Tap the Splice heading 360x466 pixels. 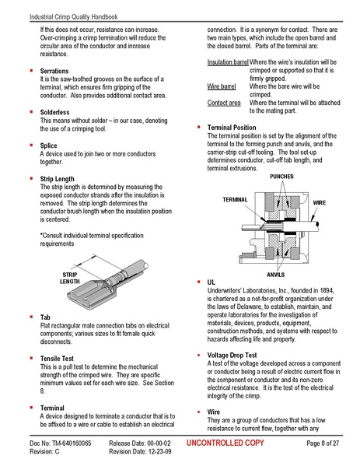coord(49,145)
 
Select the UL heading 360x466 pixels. coord(211,280)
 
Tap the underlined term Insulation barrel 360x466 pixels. coord(228,61)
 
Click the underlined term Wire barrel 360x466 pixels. coord(222,86)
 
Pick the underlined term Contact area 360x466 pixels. coord(223,103)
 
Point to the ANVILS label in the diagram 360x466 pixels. coord(275,275)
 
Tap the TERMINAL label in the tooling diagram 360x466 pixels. coord(235,200)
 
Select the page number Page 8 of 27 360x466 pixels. coord(323,443)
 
